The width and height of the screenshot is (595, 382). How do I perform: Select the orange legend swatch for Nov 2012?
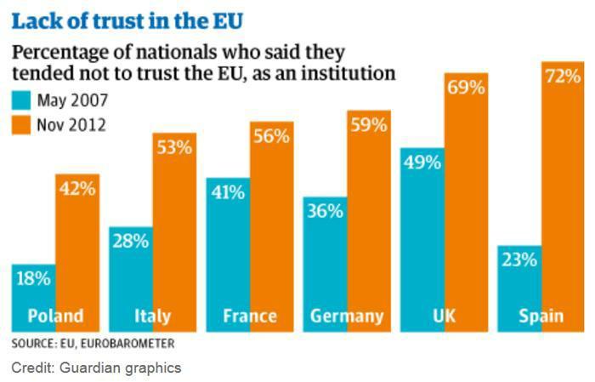pyautogui.click(x=21, y=125)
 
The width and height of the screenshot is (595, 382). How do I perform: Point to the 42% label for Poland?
pyautogui.click(x=77, y=188)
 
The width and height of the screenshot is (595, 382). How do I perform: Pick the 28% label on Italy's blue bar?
pyautogui.click(x=129, y=241)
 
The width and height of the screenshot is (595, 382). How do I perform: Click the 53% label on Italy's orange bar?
pyautogui.click(x=174, y=148)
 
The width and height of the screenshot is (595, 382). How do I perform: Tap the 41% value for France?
pyautogui.click(x=227, y=193)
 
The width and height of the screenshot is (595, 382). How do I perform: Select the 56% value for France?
pyautogui.click(x=272, y=136)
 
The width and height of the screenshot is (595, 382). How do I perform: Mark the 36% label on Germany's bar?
pyautogui.click(x=325, y=211)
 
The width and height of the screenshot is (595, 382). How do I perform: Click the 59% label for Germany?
pyautogui.click(x=369, y=125)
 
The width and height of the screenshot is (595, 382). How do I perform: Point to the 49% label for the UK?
pyautogui.click(x=422, y=162)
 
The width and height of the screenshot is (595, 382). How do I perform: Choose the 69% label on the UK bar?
pyautogui.click(x=467, y=88)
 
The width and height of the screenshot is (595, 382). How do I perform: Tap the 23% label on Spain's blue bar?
pyautogui.click(x=519, y=260)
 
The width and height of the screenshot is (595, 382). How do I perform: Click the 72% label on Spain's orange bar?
pyautogui.click(x=563, y=77)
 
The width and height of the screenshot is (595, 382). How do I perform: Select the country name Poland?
pyautogui.click(x=56, y=316)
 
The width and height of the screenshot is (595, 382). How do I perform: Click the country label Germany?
pyautogui.click(x=347, y=316)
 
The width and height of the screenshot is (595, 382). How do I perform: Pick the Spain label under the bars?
pyautogui.click(x=541, y=316)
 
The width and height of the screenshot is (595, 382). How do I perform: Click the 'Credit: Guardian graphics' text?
pyautogui.click(x=96, y=368)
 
